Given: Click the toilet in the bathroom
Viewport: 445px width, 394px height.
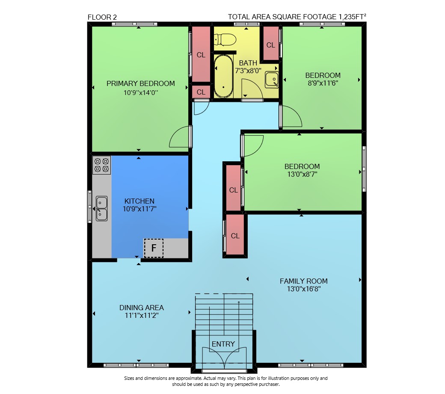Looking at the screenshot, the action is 225,39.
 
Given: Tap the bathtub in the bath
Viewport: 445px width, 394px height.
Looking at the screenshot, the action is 223,76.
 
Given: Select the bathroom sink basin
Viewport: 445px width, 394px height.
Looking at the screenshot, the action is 272,80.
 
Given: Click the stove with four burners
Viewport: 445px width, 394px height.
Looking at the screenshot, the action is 101,165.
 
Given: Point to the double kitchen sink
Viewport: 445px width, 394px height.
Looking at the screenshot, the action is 101,208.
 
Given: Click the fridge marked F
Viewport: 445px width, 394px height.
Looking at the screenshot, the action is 154,248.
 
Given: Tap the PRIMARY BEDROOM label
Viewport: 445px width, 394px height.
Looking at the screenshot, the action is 140,83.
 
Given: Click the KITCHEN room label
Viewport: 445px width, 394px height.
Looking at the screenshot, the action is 139,201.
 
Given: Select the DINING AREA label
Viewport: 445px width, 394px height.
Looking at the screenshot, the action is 141,308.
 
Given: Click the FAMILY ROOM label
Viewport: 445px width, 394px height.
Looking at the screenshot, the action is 304,281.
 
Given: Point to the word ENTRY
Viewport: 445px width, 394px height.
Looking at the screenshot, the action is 223,344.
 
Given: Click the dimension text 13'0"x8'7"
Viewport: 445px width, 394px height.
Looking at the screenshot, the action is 302,174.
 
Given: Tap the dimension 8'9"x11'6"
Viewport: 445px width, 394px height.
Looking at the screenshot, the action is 323,83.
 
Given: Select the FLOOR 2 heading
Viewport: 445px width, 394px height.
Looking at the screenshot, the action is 102,17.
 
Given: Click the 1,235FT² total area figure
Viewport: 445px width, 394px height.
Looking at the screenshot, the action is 352,16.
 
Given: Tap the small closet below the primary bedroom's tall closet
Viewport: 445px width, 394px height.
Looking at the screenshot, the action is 201,92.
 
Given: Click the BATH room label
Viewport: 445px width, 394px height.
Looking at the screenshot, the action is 248,63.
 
